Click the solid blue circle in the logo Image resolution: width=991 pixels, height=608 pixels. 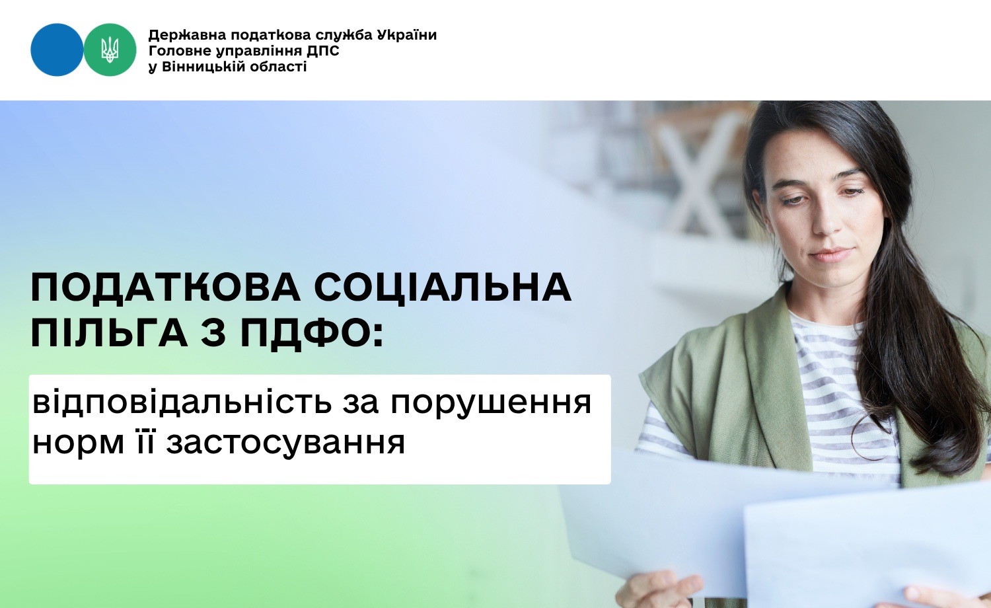[57, 50]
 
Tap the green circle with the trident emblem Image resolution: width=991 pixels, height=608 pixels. [110, 50]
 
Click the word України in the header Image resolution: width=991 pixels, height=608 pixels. [407, 35]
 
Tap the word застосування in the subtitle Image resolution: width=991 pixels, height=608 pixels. [286, 443]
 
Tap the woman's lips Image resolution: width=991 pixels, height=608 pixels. [832, 255]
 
